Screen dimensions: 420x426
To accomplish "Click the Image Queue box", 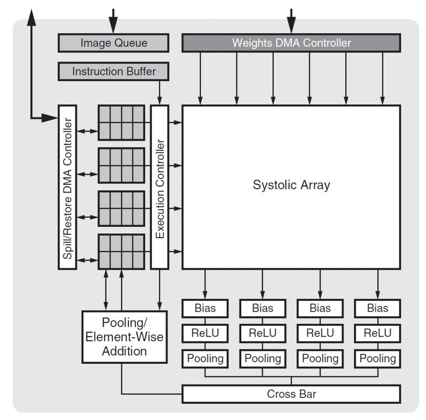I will click(x=113, y=43).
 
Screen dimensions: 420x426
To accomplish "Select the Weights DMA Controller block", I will click(x=291, y=43).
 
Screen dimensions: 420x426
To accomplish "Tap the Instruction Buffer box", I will click(x=113, y=71).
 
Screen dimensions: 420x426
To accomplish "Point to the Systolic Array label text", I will click(x=291, y=184).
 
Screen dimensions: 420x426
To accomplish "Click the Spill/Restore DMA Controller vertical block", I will click(x=67, y=187).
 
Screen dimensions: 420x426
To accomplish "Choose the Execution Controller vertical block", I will click(x=160, y=187).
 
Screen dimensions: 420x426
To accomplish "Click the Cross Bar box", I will click(x=291, y=394).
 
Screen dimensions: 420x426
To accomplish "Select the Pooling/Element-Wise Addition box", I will click(x=124, y=336).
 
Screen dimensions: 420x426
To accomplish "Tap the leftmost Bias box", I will click(x=205, y=308).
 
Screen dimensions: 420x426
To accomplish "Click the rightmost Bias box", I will click(x=378, y=308).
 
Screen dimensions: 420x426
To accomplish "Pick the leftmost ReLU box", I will click(x=205, y=333).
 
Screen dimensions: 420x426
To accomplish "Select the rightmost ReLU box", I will click(x=378, y=333).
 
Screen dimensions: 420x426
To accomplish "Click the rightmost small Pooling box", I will click(x=378, y=358).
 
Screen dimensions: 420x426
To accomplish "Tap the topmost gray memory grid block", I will click(x=121, y=123).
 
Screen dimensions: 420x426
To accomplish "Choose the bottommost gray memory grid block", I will click(x=121, y=251).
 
